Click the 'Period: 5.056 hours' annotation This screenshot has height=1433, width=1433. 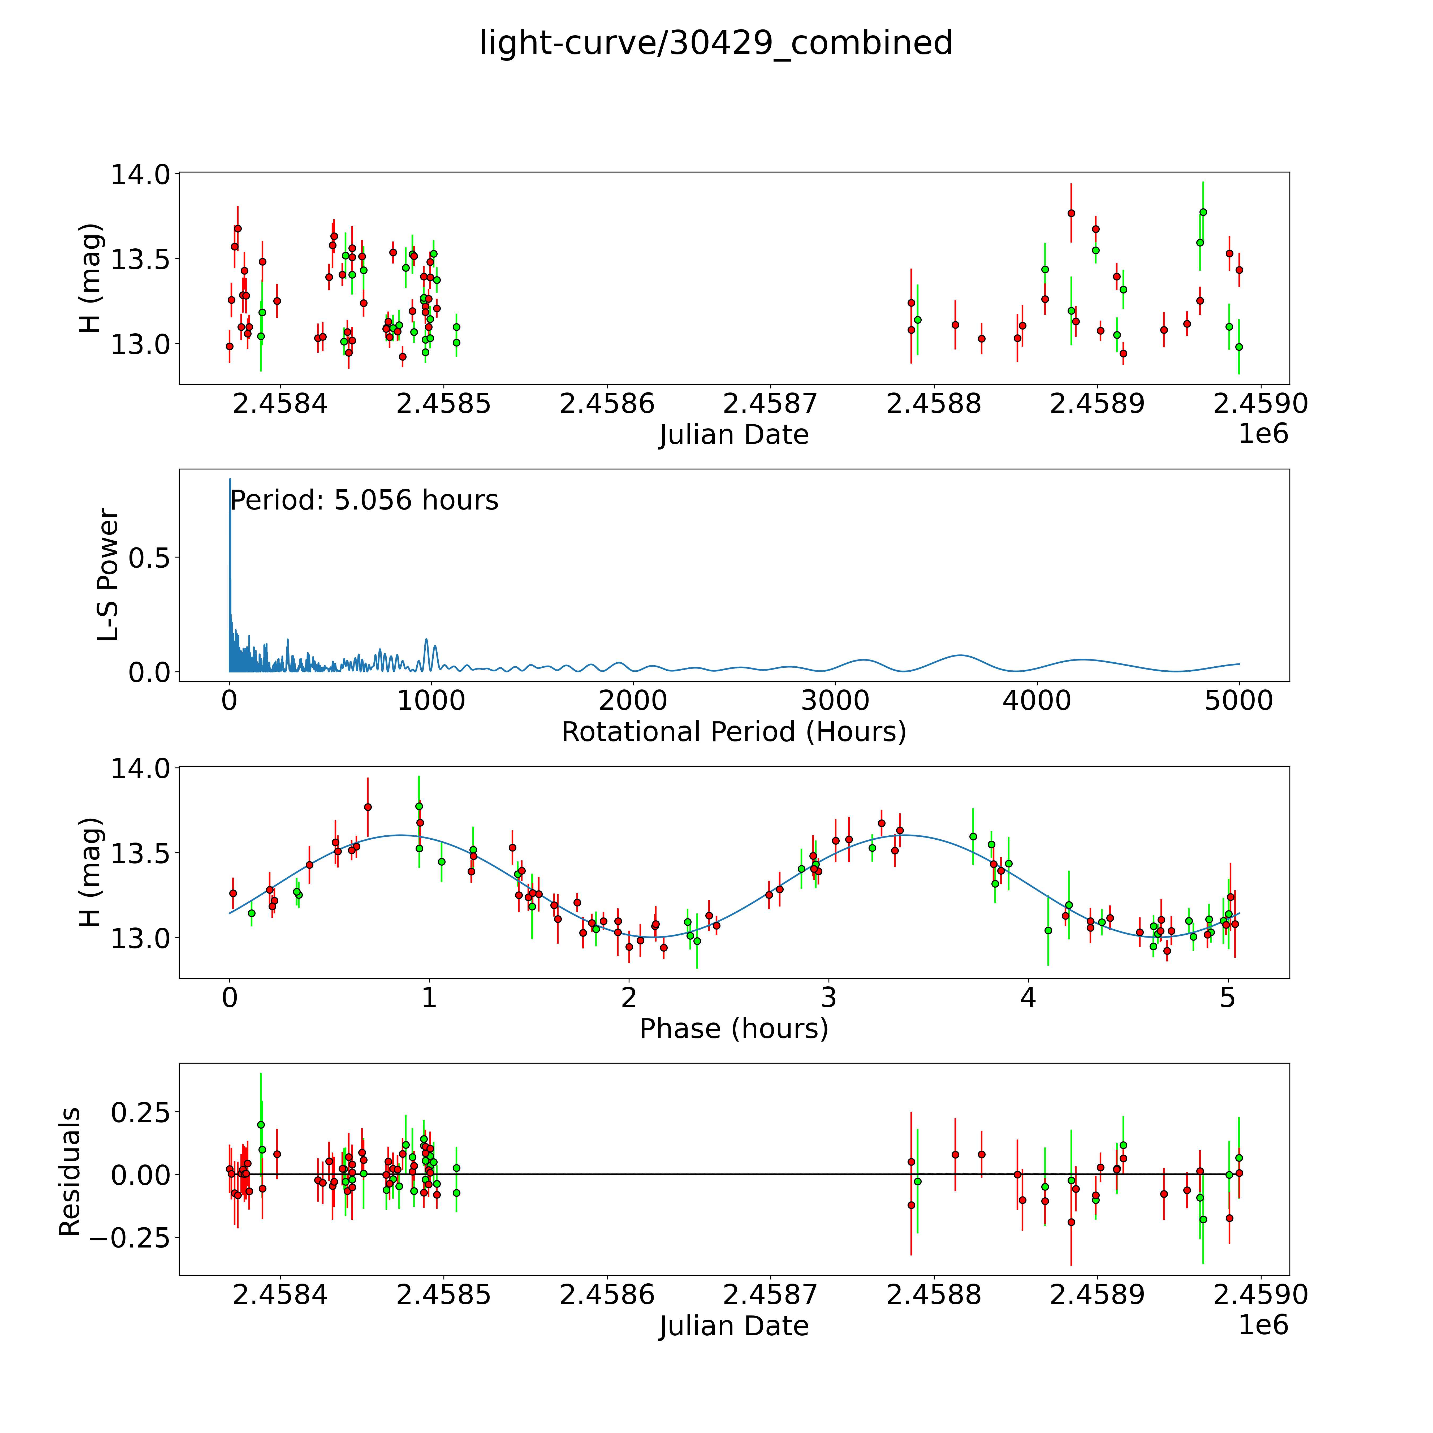(364, 501)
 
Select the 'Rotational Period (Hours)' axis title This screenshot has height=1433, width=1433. (733, 732)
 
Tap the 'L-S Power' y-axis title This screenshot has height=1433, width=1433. (108, 575)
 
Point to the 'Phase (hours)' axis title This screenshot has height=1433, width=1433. (733, 1029)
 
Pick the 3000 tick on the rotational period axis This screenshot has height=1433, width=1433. (835, 700)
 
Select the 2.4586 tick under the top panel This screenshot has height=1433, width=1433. (607, 404)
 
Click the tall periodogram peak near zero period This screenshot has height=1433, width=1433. (230, 481)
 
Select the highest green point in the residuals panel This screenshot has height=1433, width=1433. (261, 1124)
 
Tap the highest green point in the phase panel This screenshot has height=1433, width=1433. (419, 806)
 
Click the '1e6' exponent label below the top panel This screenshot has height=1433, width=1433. (1263, 434)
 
